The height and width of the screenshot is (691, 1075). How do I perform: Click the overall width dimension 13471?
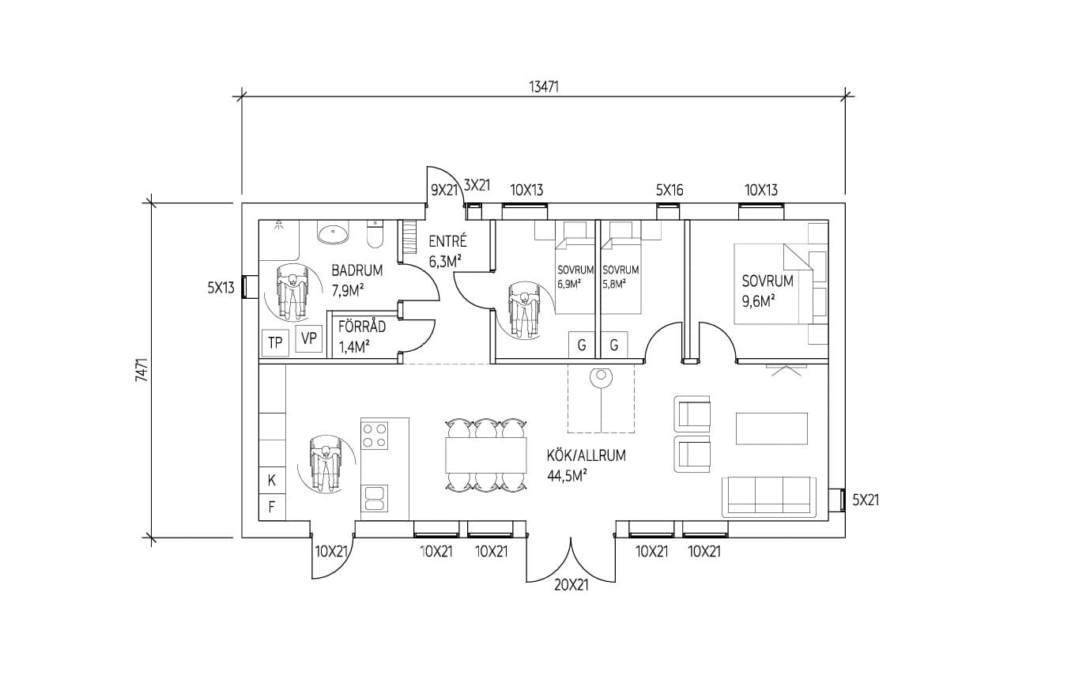point(543,87)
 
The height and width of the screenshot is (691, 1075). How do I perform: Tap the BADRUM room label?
point(356,270)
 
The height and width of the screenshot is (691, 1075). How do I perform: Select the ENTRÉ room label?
point(447,242)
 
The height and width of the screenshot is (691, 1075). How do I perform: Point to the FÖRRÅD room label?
point(362,327)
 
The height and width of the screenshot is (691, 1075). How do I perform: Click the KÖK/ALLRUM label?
point(586,456)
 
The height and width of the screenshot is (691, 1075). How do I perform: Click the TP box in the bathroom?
point(275,342)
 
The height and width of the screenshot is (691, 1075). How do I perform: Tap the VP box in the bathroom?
point(309,340)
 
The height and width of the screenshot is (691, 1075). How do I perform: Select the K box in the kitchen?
point(272,480)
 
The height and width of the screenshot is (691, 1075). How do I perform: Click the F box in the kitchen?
point(272,507)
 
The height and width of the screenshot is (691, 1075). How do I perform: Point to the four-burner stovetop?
point(375,435)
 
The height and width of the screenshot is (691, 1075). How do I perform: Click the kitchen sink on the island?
point(375,497)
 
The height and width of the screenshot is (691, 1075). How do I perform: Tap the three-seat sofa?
point(769,497)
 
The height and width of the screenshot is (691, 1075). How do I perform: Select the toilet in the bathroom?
point(375,235)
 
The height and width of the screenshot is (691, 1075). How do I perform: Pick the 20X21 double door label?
point(571,586)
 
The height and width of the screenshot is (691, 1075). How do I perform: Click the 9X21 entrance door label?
point(445,190)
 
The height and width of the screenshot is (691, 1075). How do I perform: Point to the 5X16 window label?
point(669,190)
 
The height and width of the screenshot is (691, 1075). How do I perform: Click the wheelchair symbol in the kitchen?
point(324,465)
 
